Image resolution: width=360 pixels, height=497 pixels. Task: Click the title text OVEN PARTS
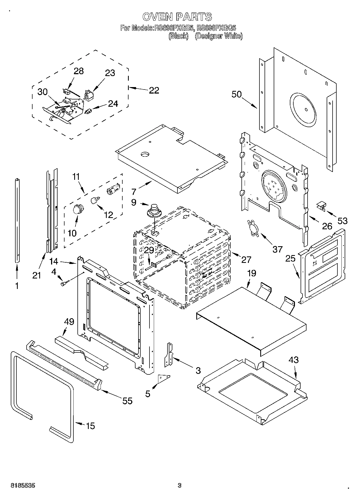coord(177,17)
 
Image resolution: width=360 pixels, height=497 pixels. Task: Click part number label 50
coord(237,95)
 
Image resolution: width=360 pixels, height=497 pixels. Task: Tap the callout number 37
coord(277,249)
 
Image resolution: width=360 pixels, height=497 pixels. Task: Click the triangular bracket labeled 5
coord(163,378)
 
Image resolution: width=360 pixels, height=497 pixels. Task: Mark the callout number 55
coord(127,401)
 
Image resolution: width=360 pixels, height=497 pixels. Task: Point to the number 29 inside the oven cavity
coord(149,250)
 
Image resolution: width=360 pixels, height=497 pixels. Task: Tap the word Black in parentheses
coord(178,36)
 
